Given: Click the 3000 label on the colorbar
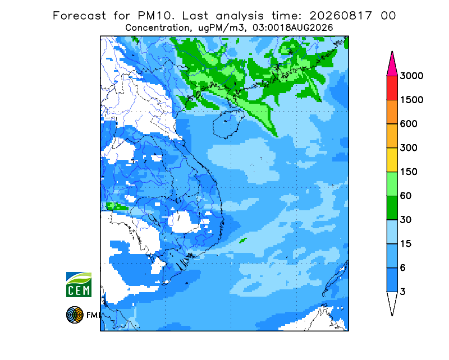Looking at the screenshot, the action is click(x=411, y=76).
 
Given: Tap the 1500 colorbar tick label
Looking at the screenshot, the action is click(x=411, y=100).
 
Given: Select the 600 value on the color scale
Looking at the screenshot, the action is click(x=409, y=124).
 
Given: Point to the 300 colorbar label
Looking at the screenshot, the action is click(x=409, y=148).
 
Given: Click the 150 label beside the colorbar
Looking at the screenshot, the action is click(x=409, y=172).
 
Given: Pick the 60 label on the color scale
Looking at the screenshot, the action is click(x=406, y=196).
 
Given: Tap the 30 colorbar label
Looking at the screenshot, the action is click(x=406, y=220).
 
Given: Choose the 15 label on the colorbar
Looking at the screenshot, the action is click(x=406, y=244).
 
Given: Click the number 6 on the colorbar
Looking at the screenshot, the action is click(x=403, y=268).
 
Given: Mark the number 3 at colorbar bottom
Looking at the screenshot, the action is click(x=403, y=292).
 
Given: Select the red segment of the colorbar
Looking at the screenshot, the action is click(x=392, y=88).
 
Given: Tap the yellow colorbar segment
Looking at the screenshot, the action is click(x=392, y=160).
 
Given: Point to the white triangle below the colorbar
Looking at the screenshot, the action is click(x=392, y=301).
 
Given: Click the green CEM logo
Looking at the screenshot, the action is click(x=79, y=284).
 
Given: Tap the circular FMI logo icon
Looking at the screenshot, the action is click(x=75, y=315).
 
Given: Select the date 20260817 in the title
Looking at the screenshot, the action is click(x=341, y=16).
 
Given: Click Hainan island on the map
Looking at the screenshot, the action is click(x=228, y=124).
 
